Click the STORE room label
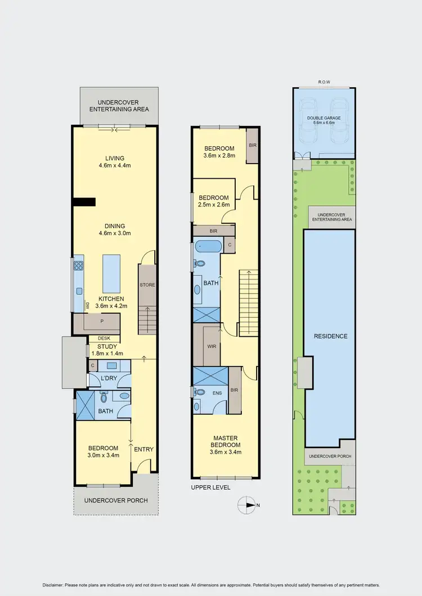click(147, 285)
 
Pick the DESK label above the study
click(104, 338)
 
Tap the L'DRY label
click(109, 378)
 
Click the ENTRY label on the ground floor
click(144, 449)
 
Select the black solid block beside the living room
click(83, 202)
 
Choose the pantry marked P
click(102, 322)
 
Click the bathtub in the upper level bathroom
click(208, 246)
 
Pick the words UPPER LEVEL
click(211, 487)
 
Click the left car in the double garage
click(310, 121)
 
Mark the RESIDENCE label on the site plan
click(330, 337)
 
